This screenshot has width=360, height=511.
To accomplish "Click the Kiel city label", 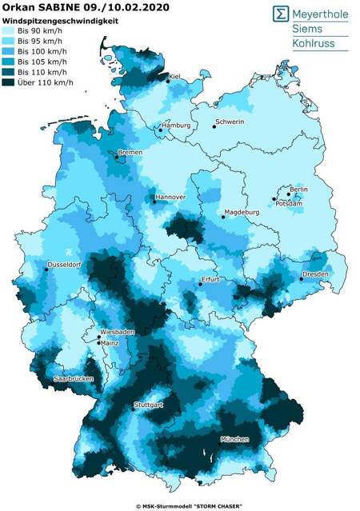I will pos(176,76).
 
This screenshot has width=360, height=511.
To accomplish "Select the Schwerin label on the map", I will pos(229,123).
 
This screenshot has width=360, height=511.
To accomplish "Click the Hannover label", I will pos(171,197).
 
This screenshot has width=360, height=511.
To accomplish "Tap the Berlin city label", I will pos(298,189).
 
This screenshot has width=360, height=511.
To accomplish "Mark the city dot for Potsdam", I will pos(274,198).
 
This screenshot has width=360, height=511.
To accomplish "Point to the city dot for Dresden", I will pos(302,278).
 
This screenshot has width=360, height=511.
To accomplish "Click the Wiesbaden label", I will pos(117,331).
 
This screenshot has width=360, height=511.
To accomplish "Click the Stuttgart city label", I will pos(149,405).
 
